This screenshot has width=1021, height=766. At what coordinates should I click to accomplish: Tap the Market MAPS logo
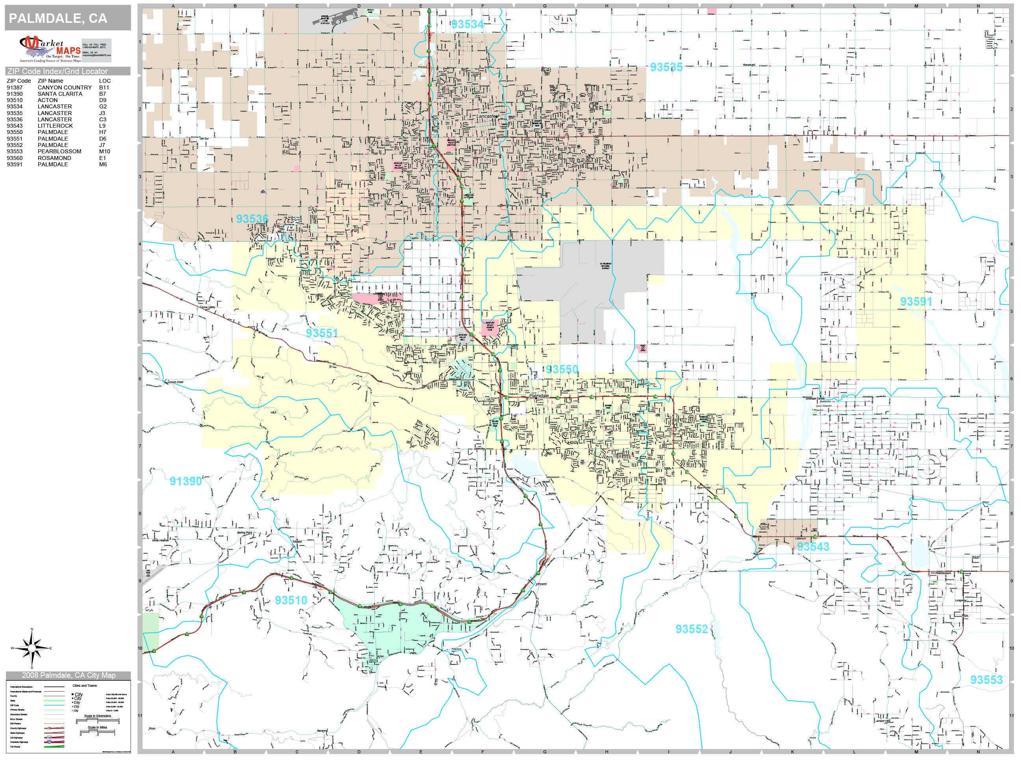tap(50, 49)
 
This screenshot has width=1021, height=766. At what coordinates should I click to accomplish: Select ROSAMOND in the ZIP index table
tap(54, 158)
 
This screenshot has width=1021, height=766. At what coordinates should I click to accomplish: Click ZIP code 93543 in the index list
tap(14, 126)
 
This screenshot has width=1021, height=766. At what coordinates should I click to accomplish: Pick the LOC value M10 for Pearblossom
tap(104, 151)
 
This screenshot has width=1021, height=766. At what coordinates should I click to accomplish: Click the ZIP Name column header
tap(50, 81)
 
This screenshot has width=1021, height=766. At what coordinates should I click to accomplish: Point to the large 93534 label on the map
tap(467, 24)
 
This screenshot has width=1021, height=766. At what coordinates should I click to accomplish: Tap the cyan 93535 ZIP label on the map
tap(666, 67)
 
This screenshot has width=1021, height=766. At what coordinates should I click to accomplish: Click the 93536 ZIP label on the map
tap(252, 219)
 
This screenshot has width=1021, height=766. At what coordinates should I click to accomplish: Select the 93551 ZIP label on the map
tap(322, 333)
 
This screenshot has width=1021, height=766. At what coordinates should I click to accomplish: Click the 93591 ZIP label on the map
tap(916, 301)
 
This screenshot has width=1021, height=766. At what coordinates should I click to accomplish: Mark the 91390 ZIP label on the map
tap(186, 481)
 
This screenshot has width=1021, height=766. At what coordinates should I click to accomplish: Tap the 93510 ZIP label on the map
tap(291, 600)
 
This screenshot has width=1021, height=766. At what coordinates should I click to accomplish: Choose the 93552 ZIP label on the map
tap(691, 629)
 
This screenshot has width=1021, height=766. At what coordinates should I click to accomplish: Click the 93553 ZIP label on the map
tap(986, 680)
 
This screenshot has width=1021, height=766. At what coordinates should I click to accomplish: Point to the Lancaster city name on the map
tap(487, 116)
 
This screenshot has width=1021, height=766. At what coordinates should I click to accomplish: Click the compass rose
tap(32, 648)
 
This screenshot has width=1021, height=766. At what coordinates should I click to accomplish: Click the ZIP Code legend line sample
tap(54, 705)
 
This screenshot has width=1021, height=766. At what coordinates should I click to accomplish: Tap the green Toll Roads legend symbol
tap(54, 747)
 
